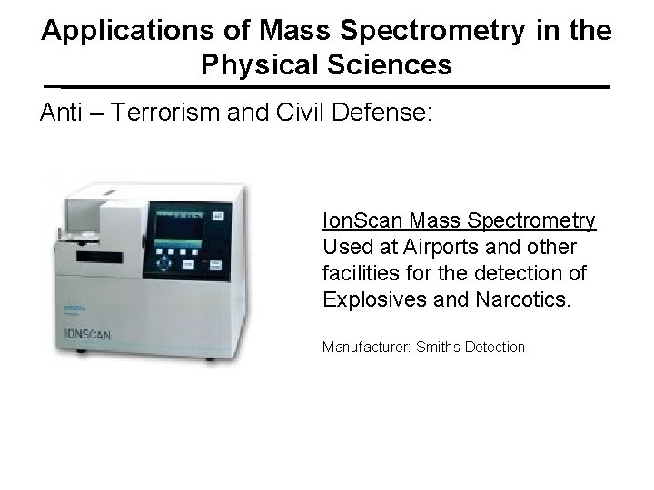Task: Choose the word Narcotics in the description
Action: [524, 299]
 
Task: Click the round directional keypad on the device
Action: [164, 261]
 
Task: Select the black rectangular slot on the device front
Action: [100, 258]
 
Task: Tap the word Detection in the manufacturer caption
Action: [495, 347]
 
